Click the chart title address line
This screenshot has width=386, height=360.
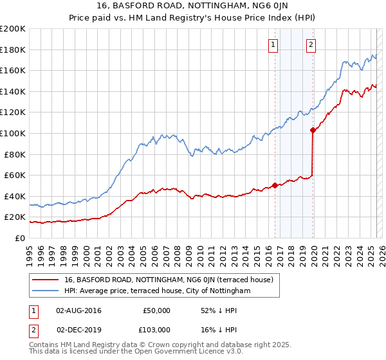(x=192, y=6)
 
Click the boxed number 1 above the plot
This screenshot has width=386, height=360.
(x=274, y=44)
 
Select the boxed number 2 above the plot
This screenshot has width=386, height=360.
(x=311, y=44)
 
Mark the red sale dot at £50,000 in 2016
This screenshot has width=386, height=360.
(x=275, y=185)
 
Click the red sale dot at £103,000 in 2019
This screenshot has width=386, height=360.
(x=313, y=130)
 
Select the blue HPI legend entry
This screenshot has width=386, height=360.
(x=157, y=291)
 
